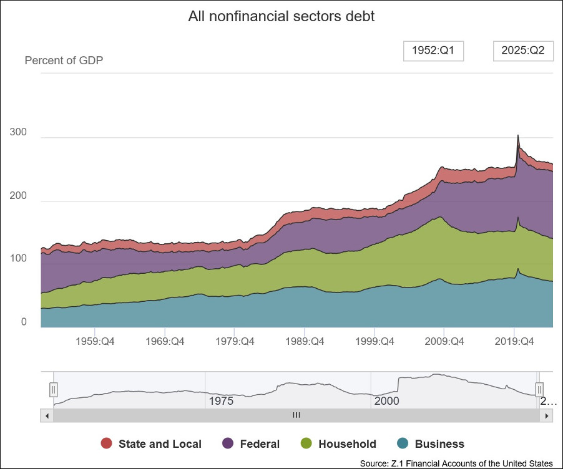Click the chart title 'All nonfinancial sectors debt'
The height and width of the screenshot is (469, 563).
pyautogui.click(x=281, y=16)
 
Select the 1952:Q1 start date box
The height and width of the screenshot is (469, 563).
pyautogui.click(x=433, y=51)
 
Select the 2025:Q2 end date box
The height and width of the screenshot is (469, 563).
pyautogui.click(x=523, y=51)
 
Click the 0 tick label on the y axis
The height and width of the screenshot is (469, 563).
pyautogui.click(x=24, y=322)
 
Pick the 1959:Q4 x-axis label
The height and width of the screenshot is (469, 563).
pyautogui.click(x=94, y=341)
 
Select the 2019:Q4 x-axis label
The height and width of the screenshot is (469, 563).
pyautogui.click(x=513, y=341)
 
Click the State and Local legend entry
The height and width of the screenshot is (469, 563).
pyautogui.click(x=151, y=444)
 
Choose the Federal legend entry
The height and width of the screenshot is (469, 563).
pyautogui.click(x=251, y=444)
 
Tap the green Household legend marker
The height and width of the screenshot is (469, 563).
pyautogui.click(x=306, y=443)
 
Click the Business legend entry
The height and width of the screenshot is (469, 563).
pyautogui.click(x=431, y=444)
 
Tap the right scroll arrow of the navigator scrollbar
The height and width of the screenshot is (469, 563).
pyautogui.click(x=547, y=415)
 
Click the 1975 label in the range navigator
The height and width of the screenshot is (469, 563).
pyautogui.click(x=221, y=401)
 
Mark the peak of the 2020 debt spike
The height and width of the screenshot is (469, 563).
pyautogui.click(x=517, y=135)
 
